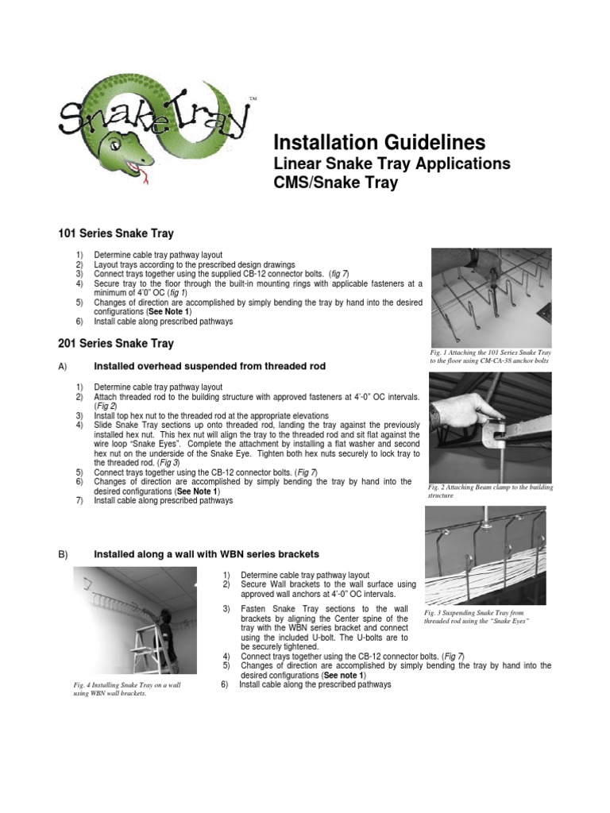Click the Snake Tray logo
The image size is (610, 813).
[155, 127]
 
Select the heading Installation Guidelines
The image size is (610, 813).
[379, 143]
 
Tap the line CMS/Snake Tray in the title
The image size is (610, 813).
[335, 183]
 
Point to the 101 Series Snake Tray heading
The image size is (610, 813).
[116, 233]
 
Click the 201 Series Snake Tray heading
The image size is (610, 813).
[116, 344]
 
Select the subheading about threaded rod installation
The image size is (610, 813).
[210, 366]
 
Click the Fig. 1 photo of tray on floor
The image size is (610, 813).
[491, 297]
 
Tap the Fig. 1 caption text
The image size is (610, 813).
[489, 356]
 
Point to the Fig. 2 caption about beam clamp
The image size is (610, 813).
[489, 491]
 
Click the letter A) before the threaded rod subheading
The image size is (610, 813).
[63, 366]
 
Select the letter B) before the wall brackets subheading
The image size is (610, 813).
[63, 553]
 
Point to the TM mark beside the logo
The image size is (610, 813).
[253, 99]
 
